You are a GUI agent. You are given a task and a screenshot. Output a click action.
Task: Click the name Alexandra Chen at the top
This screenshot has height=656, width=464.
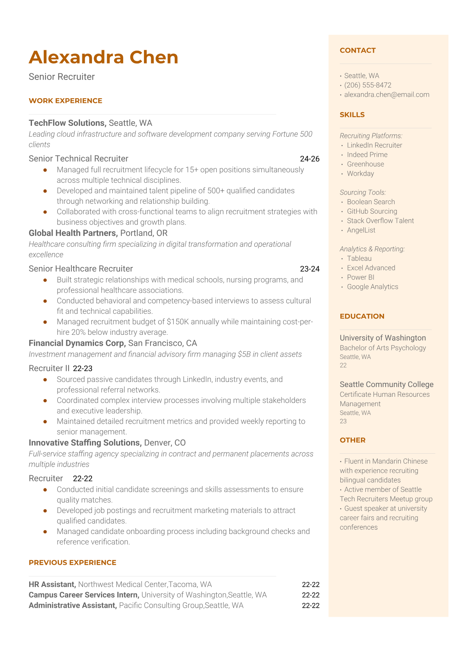pyautogui.click(x=103, y=57)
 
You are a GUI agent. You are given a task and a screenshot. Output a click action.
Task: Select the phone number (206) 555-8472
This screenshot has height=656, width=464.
pyautogui.click(x=368, y=85)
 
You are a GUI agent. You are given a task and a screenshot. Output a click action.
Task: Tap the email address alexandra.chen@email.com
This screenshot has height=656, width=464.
pyautogui.click(x=386, y=94)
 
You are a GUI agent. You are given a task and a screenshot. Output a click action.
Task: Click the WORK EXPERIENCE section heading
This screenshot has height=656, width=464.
pyautogui.click(x=66, y=101)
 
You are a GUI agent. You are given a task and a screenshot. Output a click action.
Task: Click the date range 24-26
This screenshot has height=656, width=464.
pyautogui.click(x=310, y=159)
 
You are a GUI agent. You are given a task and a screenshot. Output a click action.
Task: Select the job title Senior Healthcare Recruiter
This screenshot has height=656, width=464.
pyautogui.click(x=81, y=269)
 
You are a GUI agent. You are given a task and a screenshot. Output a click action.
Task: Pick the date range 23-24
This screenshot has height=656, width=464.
pyautogui.click(x=310, y=269)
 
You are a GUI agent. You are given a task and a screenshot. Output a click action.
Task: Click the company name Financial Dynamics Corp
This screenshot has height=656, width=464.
pyautogui.click(x=77, y=343)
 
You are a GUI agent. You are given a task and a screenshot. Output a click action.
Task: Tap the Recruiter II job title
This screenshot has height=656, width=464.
pyautogui.click(x=49, y=368)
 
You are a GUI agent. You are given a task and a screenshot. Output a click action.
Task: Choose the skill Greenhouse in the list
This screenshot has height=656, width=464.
pyautogui.click(x=365, y=164)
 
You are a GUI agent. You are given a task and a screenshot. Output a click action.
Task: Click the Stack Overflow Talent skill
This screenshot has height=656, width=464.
pyautogui.click(x=380, y=221)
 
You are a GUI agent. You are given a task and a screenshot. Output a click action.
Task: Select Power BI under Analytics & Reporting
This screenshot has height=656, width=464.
pyautogui.click(x=360, y=277)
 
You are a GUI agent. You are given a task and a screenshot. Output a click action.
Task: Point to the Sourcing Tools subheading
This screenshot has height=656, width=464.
pyautogui.click(x=363, y=192)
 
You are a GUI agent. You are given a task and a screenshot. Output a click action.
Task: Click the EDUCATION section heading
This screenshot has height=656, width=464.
pyautogui.click(x=362, y=316)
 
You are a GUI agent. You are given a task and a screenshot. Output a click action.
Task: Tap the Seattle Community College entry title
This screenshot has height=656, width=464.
pyautogui.click(x=386, y=384)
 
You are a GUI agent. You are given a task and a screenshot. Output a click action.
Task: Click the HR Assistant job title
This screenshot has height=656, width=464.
pyautogui.click(x=52, y=584)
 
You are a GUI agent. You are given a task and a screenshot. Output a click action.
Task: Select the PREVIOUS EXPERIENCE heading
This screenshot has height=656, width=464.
pyautogui.click(x=73, y=562)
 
